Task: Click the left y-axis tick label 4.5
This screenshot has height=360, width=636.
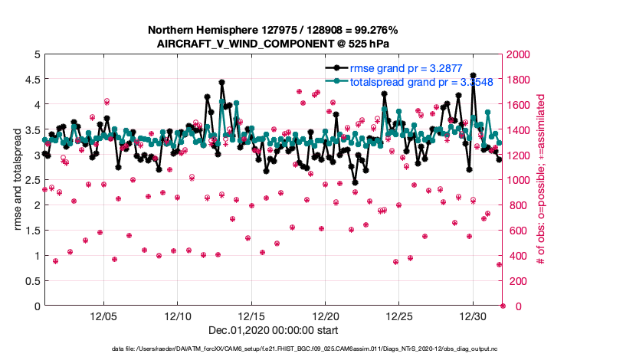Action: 30,80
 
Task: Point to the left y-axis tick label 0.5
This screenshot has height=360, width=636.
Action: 30,281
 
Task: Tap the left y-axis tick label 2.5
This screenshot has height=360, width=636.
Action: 30,180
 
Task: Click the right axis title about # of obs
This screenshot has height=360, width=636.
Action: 541,180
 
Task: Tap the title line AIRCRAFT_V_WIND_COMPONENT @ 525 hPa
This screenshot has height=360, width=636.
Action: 273,43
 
